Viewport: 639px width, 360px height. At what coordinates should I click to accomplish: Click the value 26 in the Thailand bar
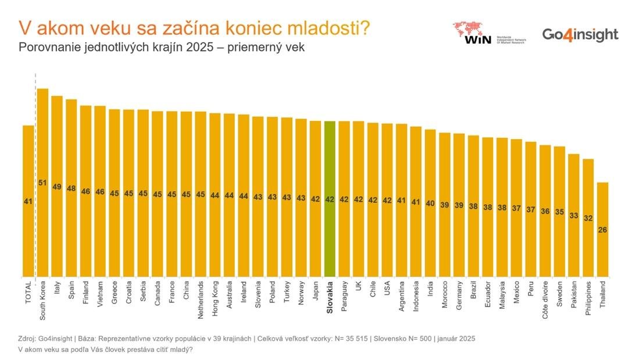tap(602, 230)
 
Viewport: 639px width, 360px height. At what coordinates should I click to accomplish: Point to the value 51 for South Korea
tap(42, 183)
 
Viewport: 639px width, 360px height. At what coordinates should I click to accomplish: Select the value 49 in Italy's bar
tap(57, 187)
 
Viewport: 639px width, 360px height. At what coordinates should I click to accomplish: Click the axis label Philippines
tap(588, 298)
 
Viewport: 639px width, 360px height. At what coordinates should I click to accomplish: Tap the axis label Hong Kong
tap(215, 298)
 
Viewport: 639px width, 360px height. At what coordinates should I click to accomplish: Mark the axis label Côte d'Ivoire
tap(545, 300)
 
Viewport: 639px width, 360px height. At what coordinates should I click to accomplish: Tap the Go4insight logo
tap(580, 35)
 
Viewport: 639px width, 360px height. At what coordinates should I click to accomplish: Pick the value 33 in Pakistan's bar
tap(574, 215)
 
